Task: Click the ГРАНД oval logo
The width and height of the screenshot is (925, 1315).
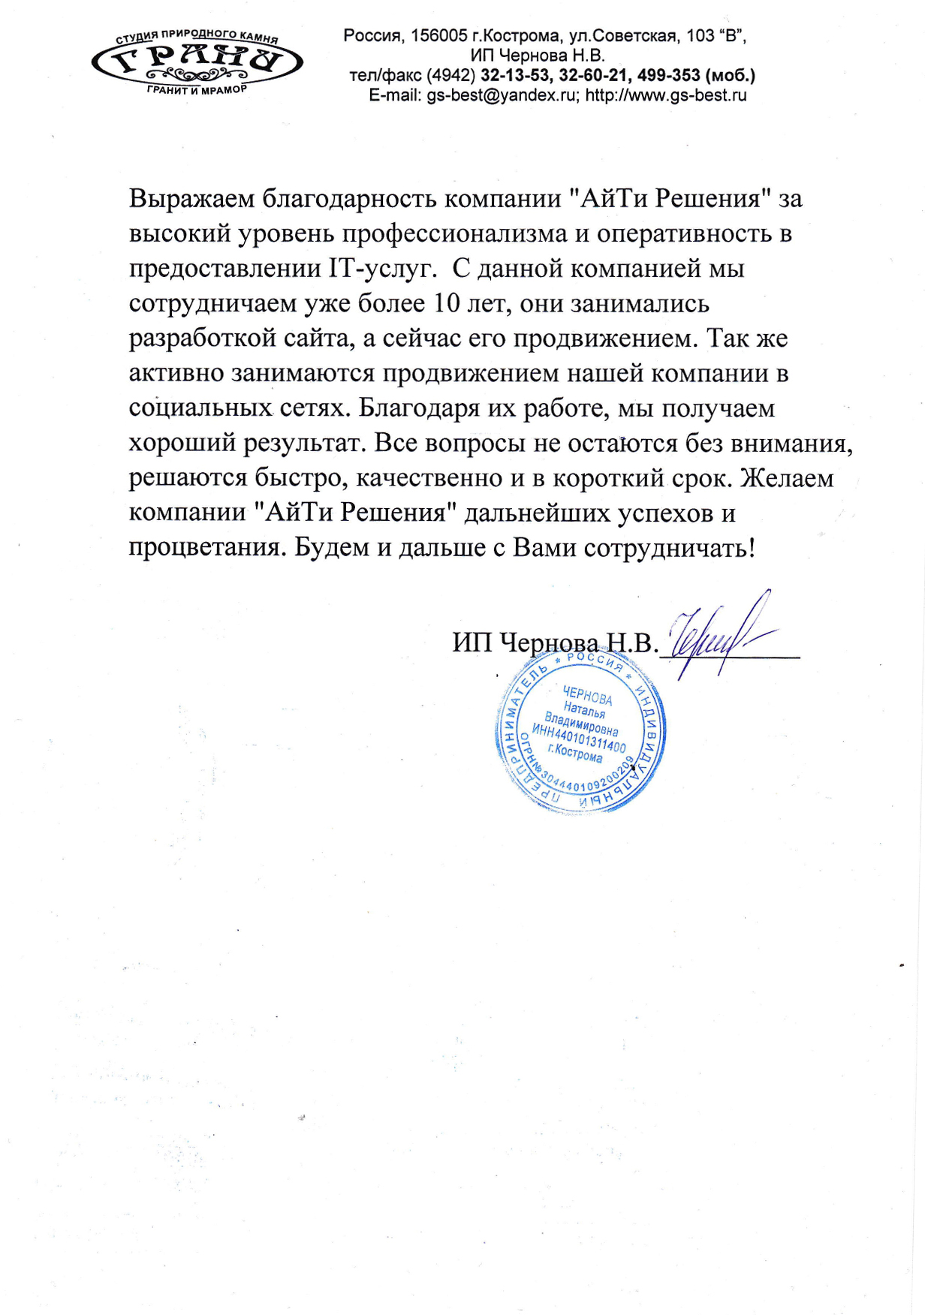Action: (197, 62)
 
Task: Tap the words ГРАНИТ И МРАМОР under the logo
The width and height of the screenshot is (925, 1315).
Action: (197, 89)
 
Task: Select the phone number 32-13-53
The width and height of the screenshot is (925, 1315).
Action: (515, 75)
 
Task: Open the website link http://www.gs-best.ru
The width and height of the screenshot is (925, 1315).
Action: (666, 95)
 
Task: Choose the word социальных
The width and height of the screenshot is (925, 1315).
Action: (200, 408)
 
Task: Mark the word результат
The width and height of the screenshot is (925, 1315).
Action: (304, 444)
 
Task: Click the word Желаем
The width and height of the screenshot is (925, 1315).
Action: (787, 478)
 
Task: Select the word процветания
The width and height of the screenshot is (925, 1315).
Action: (207, 548)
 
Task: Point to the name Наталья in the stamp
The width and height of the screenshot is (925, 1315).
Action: (584, 709)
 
